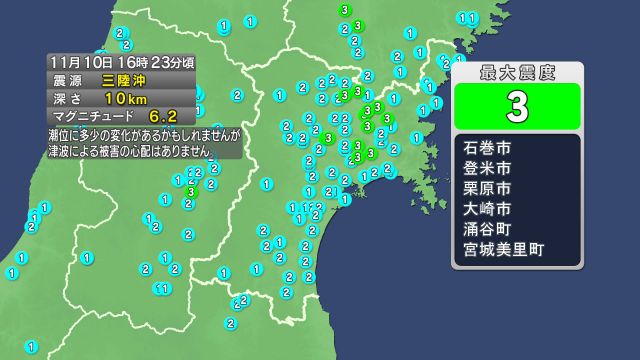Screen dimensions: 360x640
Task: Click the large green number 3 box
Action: [x=517, y=103]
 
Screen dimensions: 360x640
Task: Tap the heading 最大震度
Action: [x=517, y=71]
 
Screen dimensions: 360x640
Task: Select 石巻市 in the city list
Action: [x=487, y=149]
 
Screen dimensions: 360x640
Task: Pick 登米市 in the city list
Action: [x=487, y=168]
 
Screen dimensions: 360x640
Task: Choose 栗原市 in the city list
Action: [x=487, y=188]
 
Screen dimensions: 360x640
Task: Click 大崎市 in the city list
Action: [x=487, y=208]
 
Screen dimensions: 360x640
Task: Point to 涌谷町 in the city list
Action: [x=487, y=227]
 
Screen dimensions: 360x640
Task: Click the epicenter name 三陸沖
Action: [x=121, y=79]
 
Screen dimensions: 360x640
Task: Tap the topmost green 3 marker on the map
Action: [x=345, y=11]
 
